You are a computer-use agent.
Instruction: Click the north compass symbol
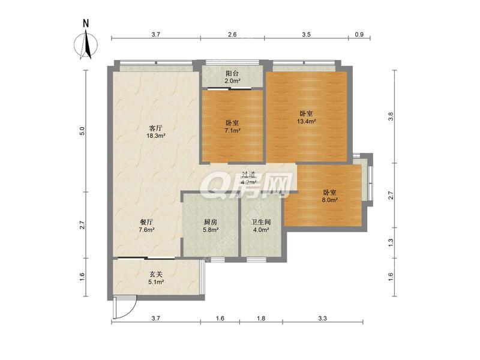point(86,46)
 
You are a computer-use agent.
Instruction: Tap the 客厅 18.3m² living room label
point(156,132)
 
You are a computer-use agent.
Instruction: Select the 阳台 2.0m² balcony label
point(232,77)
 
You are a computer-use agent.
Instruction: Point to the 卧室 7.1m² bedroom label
point(232,127)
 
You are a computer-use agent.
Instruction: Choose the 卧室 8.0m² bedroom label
point(329,196)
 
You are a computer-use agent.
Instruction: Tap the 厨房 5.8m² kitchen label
point(211,226)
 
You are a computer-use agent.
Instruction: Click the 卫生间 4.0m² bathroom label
point(261,226)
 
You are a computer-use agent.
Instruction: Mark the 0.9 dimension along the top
point(359,35)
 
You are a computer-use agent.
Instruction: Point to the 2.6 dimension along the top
point(232,35)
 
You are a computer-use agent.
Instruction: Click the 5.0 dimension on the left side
point(82,131)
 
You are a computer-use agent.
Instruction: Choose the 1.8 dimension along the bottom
point(261,319)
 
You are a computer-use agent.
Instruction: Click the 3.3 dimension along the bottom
point(323,319)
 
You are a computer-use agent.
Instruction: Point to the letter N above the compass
point(86,23)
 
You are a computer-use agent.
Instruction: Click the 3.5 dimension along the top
point(306,35)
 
